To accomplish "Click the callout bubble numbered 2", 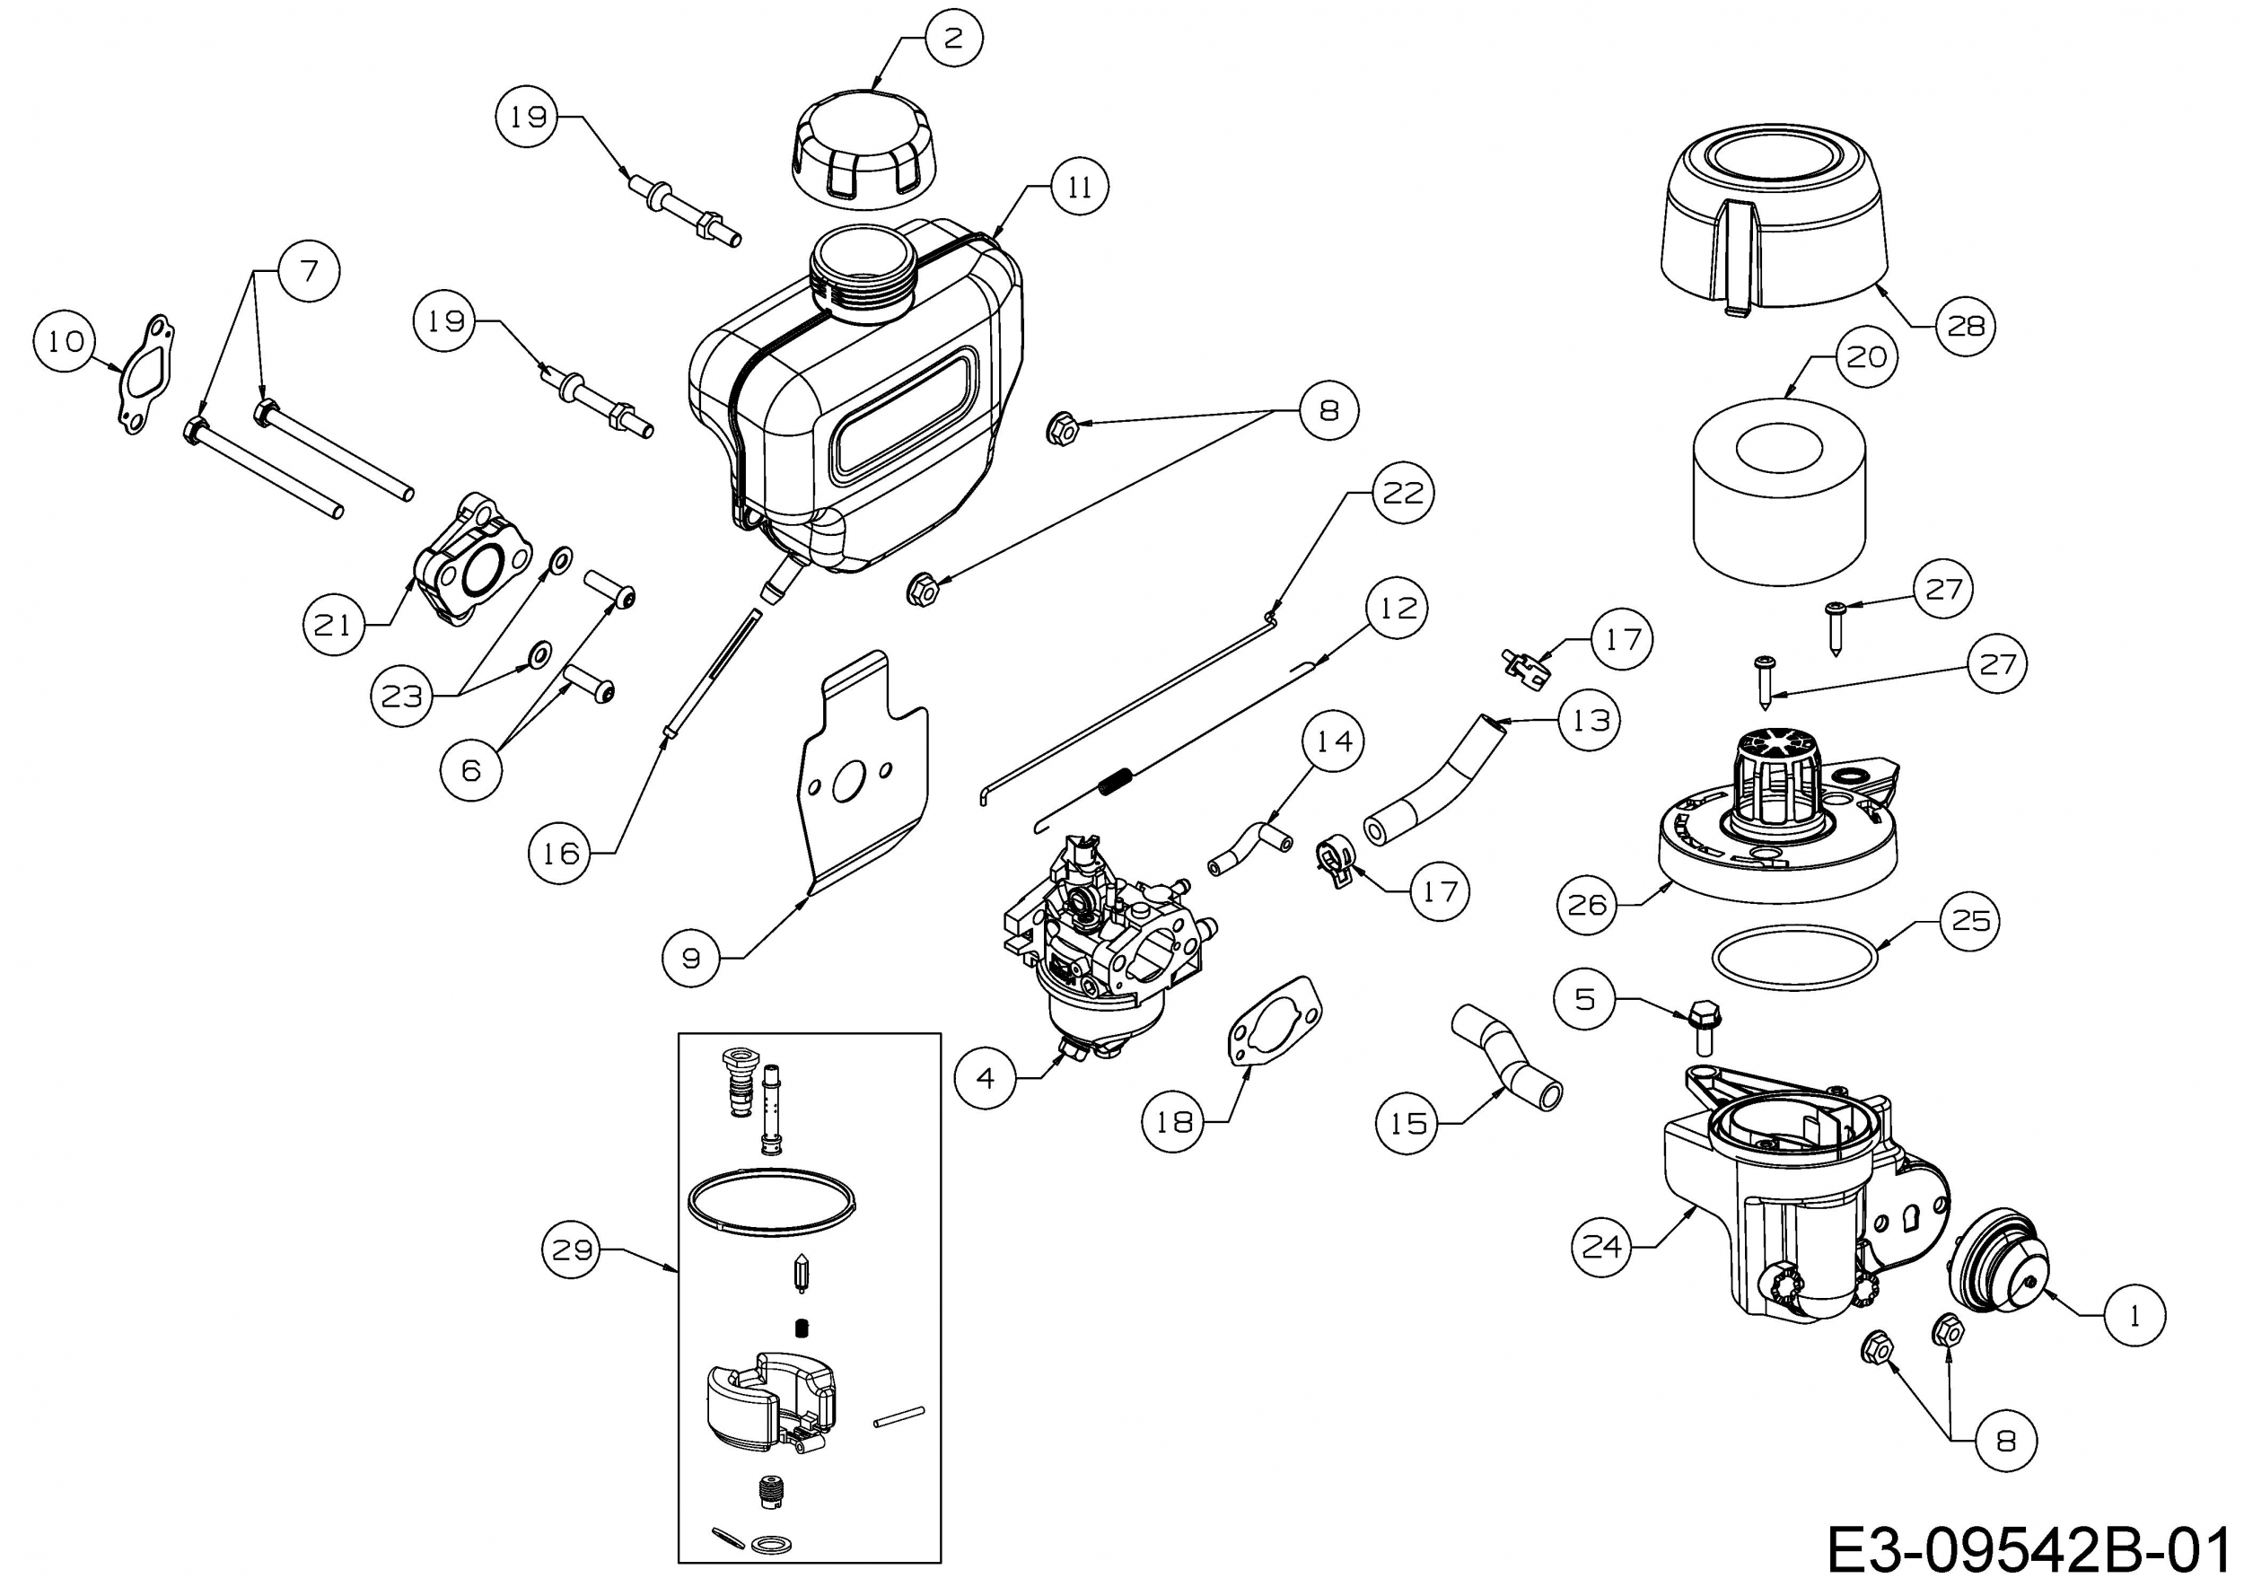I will point(953,38).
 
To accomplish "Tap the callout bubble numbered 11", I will point(1079,186).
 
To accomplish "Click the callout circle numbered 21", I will point(333,625).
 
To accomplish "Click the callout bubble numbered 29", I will point(572,1249).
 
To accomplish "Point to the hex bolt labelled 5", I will point(1702,1025).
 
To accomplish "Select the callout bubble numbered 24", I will point(1602,1246).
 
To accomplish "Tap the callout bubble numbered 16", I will point(560,853).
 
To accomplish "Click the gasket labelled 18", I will point(1275,1025).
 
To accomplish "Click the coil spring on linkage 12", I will point(1118,781).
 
